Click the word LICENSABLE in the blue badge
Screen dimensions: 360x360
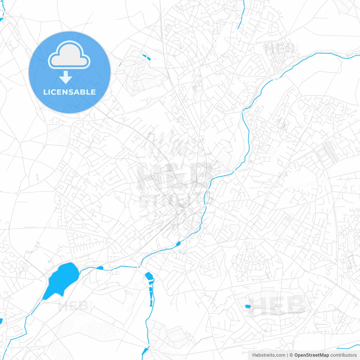point(69,92)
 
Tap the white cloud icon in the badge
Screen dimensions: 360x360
point(69,55)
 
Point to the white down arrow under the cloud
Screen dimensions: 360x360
point(66,77)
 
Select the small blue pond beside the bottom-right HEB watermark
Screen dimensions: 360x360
point(247,306)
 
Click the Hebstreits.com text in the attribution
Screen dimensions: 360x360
point(269,355)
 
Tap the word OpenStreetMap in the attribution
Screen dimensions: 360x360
point(311,355)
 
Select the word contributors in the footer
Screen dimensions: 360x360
point(343,355)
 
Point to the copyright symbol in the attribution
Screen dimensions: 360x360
point(291,355)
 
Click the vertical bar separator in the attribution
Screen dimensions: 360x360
point(287,355)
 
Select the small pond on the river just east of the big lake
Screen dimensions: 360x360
point(100,268)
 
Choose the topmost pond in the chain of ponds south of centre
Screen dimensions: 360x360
point(149,277)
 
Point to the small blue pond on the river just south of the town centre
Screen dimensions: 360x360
point(178,244)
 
